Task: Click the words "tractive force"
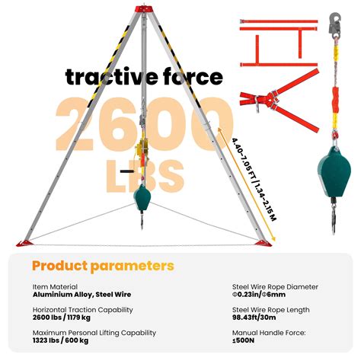[144, 77]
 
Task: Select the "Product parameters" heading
[103, 266]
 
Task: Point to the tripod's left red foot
[23, 243]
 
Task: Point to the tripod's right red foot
[265, 243]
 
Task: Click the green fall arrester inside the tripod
[142, 200]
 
